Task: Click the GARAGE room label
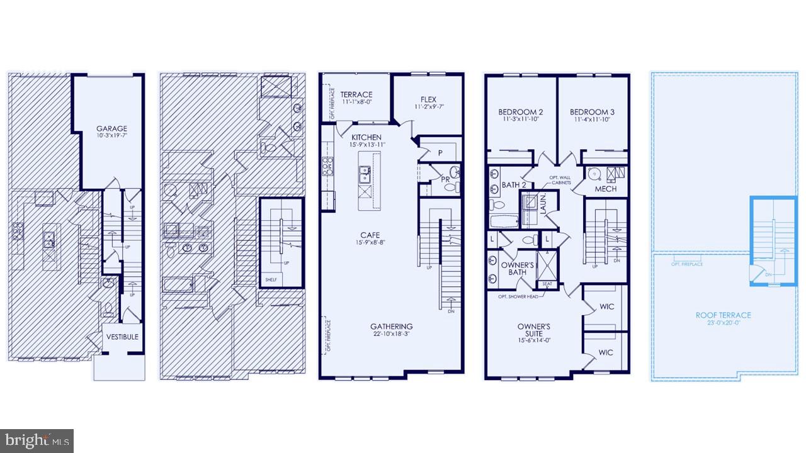click(111, 128)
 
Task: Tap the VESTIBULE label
click(122, 337)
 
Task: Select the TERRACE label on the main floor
click(356, 95)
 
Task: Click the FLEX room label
click(428, 99)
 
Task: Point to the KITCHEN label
click(366, 137)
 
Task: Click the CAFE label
click(370, 235)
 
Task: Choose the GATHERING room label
click(391, 326)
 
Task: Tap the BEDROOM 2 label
click(523, 112)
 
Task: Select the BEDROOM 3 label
click(594, 112)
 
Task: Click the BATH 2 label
click(514, 185)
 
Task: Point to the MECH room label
click(605, 189)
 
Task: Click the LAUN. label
click(543, 204)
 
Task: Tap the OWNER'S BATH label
click(518, 269)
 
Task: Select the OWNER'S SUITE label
click(533, 330)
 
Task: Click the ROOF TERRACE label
click(723, 315)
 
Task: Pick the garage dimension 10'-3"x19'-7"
click(111, 136)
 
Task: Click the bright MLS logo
click(37, 440)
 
